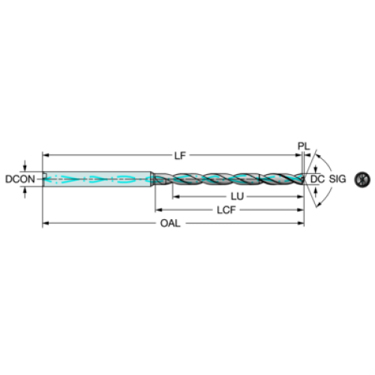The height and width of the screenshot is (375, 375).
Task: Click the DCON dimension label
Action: point(20,179)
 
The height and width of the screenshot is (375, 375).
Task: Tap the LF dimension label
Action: point(180,156)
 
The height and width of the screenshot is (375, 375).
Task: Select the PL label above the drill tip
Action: point(304,146)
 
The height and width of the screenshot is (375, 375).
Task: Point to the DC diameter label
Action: point(317,179)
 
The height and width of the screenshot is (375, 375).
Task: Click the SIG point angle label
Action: point(337,179)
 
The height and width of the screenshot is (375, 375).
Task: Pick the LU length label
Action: point(237,196)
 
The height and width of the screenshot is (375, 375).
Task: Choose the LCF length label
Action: point(226,210)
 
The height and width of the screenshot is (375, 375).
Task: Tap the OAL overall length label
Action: point(170,223)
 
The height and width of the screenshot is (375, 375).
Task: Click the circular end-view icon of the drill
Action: point(362,179)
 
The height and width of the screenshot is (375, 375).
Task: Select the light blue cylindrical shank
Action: point(97,179)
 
